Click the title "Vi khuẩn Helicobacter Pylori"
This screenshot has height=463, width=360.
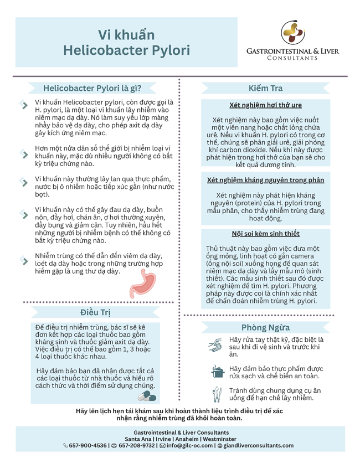pos(126,43)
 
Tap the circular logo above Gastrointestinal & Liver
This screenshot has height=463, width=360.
pos(292,33)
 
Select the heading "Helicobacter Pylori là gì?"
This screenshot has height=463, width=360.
pos(92,88)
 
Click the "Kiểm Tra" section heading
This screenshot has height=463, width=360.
pos(269,88)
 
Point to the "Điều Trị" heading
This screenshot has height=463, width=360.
pos(95,312)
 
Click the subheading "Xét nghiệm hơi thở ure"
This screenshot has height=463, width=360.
pos(265,105)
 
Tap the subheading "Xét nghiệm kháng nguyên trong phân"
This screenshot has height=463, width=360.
pos(265,180)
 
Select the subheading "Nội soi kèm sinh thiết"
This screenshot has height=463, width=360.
pos(265,234)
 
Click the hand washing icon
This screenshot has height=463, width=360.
pos(215,345)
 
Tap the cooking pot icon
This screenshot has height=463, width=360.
pos(217,371)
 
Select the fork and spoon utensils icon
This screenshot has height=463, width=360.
pos(217,394)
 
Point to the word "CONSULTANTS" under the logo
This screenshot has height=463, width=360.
pos(292,58)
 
